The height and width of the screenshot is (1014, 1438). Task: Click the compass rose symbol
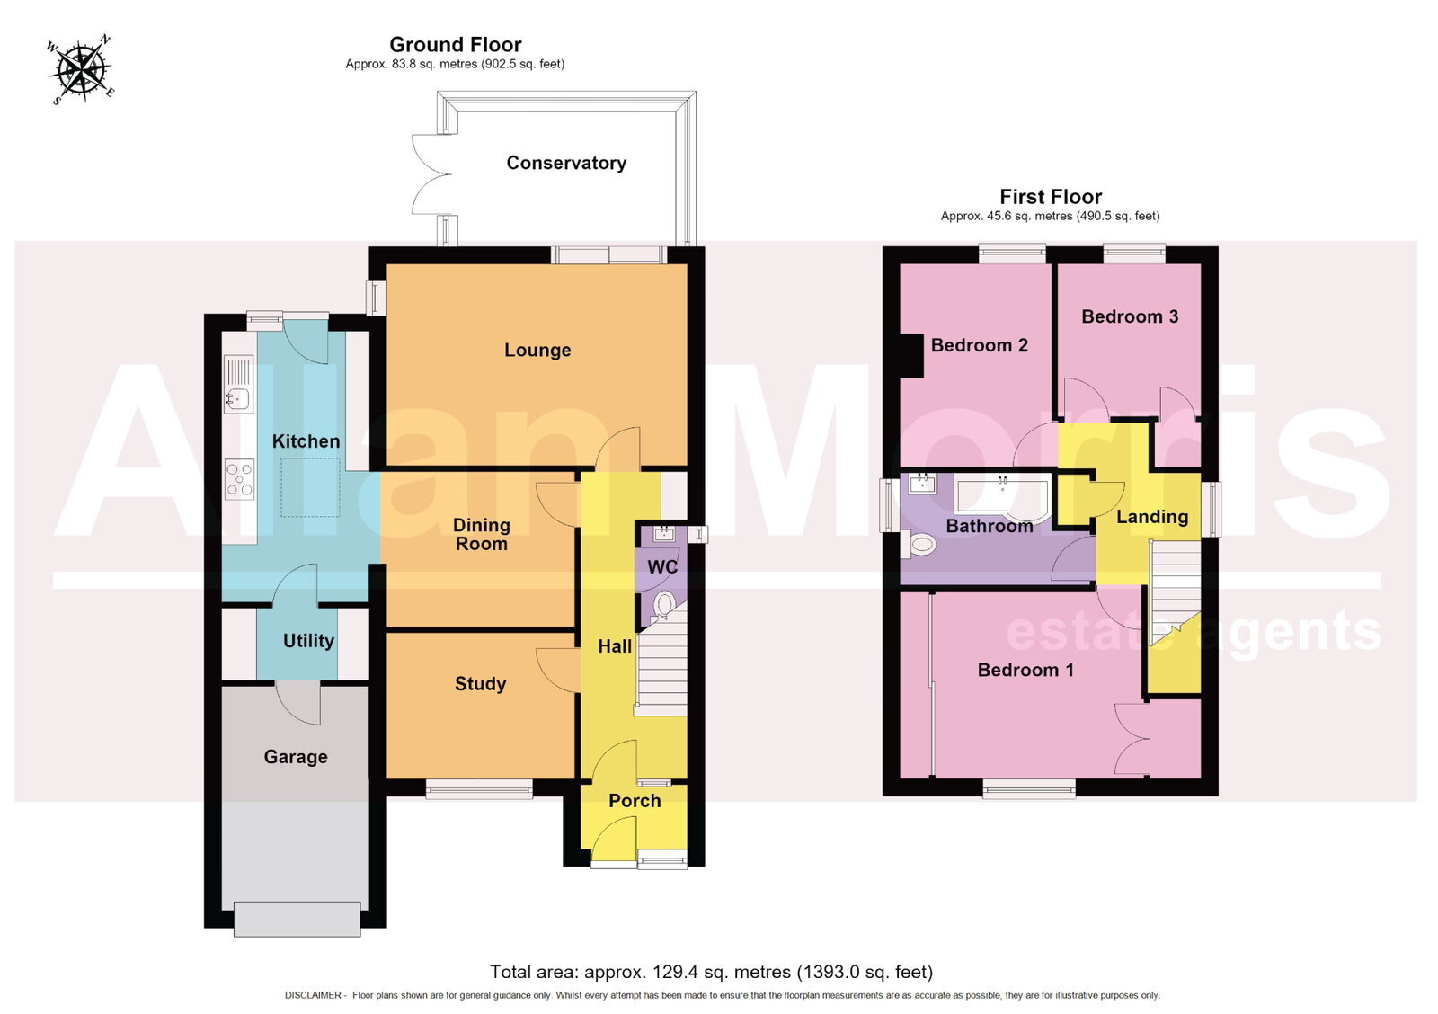coord(81,69)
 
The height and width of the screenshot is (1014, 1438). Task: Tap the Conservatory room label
coord(566,163)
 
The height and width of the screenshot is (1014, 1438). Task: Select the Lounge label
coord(537,350)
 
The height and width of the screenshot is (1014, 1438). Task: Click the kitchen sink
coord(238,385)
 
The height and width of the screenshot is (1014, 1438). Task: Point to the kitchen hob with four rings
coord(239,479)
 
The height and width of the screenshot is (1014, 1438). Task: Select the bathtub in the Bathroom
coord(1003,498)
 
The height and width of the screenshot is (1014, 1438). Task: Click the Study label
coord(480,684)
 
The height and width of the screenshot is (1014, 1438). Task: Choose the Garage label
coord(296,757)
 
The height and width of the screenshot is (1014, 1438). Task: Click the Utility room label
coord(308,641)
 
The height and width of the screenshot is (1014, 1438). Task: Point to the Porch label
coord(635,801)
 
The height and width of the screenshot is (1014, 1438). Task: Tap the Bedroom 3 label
coord(1130,316)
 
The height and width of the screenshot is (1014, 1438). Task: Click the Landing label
coord(1152,517)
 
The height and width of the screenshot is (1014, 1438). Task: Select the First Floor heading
coord(1051,197)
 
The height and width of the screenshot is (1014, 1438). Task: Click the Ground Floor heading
coord(455,44)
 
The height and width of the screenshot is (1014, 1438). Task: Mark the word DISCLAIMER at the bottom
coord(314,995)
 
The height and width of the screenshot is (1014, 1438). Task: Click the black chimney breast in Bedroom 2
coord(911,355)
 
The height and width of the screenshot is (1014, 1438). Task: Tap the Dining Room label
coord(482,534)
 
